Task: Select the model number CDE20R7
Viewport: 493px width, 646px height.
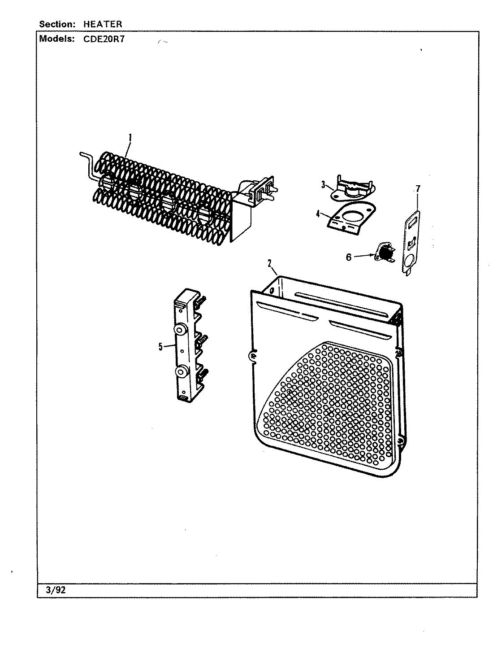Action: [x=104, y=39]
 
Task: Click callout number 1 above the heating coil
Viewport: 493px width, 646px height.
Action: [x=130, y=139]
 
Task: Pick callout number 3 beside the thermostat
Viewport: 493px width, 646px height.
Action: [x=322, y=184]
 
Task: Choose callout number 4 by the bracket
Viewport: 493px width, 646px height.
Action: [x=318, y=214]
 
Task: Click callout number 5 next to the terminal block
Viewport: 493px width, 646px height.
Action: [x=160, y=346]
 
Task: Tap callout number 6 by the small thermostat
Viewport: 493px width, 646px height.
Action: [x=348, y=258]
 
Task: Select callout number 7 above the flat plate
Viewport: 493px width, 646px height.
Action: [x=418, y=188]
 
